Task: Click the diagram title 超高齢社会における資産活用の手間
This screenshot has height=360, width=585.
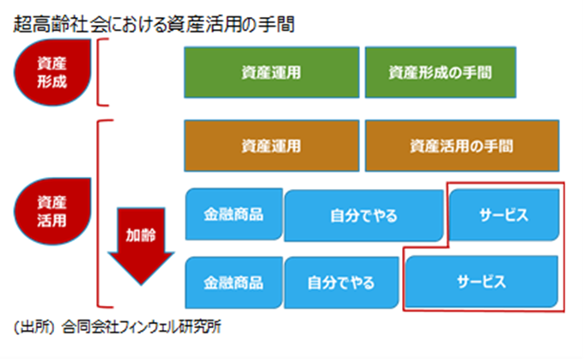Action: [154, 25]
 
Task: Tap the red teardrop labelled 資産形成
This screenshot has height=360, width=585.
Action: [52, 72]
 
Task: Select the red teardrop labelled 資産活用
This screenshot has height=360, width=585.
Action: [52, 211]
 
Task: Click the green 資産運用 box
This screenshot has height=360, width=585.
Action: [271, 72]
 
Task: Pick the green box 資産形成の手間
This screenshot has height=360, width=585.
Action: [441, 72]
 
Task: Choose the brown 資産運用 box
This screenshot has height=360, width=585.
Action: [271, 146]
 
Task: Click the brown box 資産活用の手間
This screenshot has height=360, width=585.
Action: [462, 146]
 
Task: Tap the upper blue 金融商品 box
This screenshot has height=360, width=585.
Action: [234, 214]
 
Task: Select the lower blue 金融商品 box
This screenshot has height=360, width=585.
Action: [234, 283]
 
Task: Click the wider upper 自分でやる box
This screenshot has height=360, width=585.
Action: [363, 216]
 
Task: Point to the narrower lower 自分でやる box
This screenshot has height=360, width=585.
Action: [341, 283]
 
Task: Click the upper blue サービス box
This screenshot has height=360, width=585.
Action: [504, 215]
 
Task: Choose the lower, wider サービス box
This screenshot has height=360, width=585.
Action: [482, 282]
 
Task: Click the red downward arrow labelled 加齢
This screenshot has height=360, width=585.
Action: [141, 247]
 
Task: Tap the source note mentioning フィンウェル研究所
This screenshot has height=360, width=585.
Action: [117, 327]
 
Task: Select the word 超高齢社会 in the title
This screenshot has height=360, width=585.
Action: [60, 25]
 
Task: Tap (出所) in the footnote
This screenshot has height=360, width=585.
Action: [34, 327]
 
